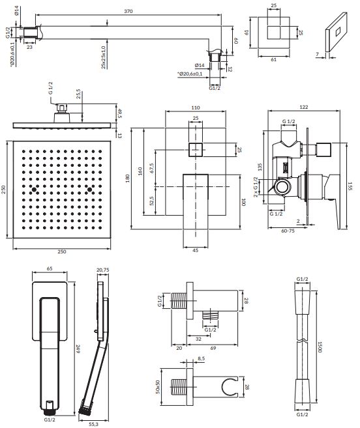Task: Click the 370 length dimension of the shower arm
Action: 128,11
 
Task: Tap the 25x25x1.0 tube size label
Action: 103,57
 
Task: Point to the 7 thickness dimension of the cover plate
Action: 318,54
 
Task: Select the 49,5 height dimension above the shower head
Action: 119,113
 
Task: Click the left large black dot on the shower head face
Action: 34,190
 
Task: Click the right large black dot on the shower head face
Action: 89,190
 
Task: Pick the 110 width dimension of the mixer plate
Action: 196,107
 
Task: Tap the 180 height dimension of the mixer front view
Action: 127,178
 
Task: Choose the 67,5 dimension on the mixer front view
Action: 152,168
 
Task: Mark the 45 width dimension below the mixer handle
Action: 196,250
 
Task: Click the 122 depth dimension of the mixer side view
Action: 304,107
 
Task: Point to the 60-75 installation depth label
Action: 288,231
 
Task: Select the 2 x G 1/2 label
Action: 256,187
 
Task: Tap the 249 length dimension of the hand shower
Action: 78,349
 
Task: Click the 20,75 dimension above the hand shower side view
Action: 103,270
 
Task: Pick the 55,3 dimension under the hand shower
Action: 93,425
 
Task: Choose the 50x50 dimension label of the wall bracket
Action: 157,387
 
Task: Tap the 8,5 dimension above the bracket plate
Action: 201,358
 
